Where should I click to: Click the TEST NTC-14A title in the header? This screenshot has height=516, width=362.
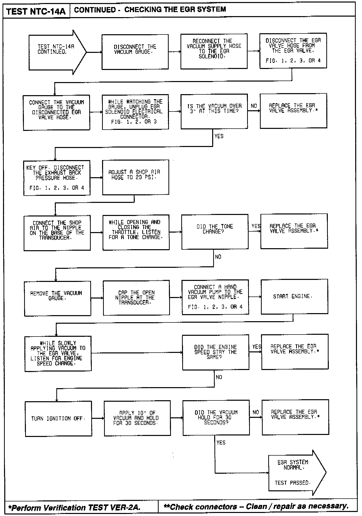[x=36, y=11]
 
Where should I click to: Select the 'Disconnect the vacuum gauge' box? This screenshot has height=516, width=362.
[x=135, y=52]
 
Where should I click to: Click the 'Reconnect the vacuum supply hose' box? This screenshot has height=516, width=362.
[x=214, y=51]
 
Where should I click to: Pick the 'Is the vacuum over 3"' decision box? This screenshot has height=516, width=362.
[x=214, y=111]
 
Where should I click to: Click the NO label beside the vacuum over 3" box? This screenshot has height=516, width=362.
[x=254, y=106]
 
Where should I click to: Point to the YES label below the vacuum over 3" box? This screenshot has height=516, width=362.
[x=219, y=136]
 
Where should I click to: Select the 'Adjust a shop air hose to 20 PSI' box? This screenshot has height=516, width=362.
[x=135, y=177]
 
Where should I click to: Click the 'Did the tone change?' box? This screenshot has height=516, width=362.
[x=215, y=232]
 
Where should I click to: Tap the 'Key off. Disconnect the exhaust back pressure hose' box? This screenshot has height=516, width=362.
[x=57, y=178]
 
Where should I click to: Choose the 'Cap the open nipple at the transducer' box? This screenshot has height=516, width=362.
[x=136, y=298]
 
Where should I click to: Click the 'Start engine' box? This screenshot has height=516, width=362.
[x=294, y=297]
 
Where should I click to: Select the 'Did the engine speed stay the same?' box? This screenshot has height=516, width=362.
[x=216, y=352]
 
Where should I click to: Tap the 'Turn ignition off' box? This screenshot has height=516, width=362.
[x=58, y=419]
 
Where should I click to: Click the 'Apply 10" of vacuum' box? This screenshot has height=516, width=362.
[x=137, y=418]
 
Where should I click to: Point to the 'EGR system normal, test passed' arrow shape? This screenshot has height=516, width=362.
[x=294, y=472]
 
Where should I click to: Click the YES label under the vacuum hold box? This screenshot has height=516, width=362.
[x=221, y=443]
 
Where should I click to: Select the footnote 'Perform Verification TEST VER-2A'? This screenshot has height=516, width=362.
[x=74, y=507]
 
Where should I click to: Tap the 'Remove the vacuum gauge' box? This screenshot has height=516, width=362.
[x=58, y=298]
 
